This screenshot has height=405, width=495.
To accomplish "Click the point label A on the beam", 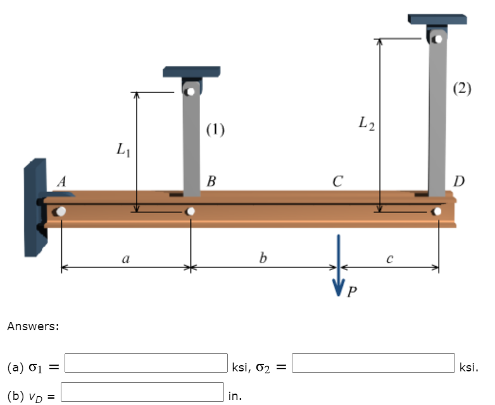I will (61, 181).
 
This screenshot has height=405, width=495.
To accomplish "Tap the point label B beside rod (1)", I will (211, 181).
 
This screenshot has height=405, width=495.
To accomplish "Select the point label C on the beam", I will (337, 181).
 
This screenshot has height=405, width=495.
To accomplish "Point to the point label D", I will (458, 181).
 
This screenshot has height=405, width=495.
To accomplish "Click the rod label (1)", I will (215, 131).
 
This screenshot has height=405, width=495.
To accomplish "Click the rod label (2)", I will (462, 88).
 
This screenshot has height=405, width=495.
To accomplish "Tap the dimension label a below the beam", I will (125, 258).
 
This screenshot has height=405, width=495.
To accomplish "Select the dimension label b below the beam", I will (263, 258).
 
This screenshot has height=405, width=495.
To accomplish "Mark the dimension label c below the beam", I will (390, 258).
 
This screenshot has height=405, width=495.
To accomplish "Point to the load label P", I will (353, 291).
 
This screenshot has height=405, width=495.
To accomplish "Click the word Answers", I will (33, 327).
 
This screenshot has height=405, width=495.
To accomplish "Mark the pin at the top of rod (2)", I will (437, 38).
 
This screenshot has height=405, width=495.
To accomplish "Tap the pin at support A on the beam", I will (61, 212).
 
